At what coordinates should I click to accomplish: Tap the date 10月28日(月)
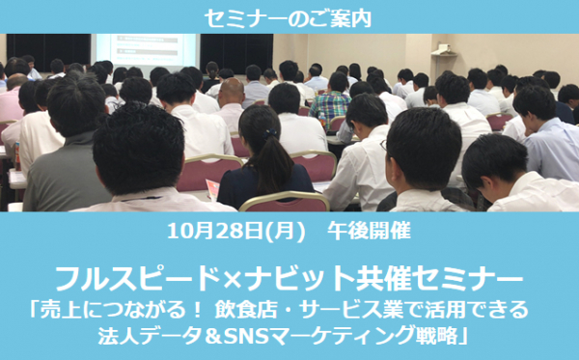(x=236, y=232)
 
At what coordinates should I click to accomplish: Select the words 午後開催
(x=369, y=232)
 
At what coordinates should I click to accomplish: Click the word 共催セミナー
(x=437, y=280)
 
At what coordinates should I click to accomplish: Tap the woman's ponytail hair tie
(x=269, y=133)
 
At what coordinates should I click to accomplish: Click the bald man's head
(x=232, y=92)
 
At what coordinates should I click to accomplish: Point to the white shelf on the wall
(x=444, y=51)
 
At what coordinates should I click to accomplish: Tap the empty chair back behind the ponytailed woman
(x=285, y=202)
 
